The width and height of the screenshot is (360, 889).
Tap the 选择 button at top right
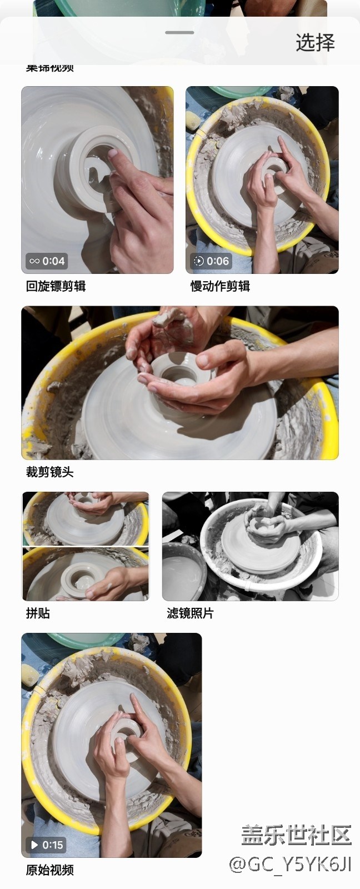click(315, 43)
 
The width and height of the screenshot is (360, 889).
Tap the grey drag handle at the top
click(179, 32)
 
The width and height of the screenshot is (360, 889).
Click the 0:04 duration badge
click(47, 261)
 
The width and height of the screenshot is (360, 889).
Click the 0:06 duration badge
click(212, 261)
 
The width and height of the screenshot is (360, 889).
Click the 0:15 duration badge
click(47, 845)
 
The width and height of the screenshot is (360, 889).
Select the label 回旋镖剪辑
click(56, 286)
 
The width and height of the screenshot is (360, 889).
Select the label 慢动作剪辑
click(220, 286)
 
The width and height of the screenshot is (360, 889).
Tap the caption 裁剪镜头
click(49, 472)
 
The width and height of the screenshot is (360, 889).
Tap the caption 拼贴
click(38, 613)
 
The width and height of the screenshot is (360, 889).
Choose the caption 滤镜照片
click(190, 613)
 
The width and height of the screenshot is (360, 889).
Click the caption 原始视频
click(49, 870)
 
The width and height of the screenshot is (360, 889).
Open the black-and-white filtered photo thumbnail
click(250, 546)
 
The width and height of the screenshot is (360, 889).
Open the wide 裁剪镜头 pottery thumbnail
click(179, 383)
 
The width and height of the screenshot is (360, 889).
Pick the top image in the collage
click(86, 518)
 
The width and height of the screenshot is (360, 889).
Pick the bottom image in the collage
click(86, 574)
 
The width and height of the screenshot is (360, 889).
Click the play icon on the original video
click(34, 845)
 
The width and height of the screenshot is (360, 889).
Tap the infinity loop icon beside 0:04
click(34, 261)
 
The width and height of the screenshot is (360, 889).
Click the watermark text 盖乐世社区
click(296, 835)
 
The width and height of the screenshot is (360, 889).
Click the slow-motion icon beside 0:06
click(198, 261)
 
